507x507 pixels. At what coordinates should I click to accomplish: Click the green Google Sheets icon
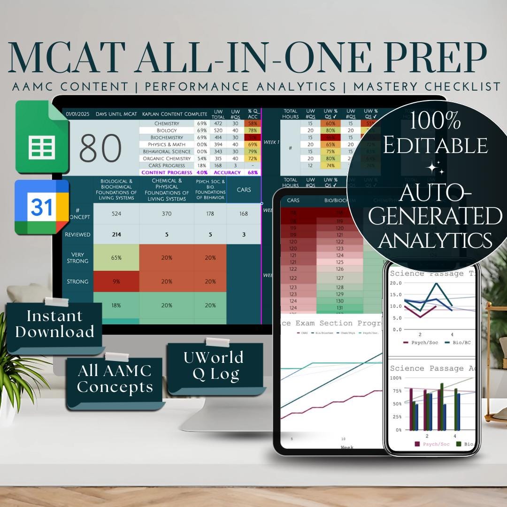(x=42, y=137)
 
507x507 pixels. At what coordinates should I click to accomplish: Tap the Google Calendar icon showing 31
(x=42, y=207)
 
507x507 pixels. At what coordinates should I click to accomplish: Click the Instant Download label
(x=54, y=324)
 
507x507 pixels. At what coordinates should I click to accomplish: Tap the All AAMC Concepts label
(x=115, y=379)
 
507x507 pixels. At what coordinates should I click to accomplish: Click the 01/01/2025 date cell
(x=77, y=114)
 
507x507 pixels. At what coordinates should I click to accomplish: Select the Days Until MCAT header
(x=115, y=114)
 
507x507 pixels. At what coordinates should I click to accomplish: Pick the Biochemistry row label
(x=167, y=138)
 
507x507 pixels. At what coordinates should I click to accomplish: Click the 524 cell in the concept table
(x=116, y=214)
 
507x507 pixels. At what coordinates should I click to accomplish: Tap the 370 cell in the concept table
(x=167, y=214)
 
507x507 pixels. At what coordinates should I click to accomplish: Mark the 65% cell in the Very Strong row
(x=116, y=258)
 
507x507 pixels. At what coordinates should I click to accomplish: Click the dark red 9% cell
(x=116, y=282)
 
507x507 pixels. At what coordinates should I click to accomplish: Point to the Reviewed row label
(x=77, y=234)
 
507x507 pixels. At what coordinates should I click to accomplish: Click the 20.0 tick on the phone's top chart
(x=397, y=283)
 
